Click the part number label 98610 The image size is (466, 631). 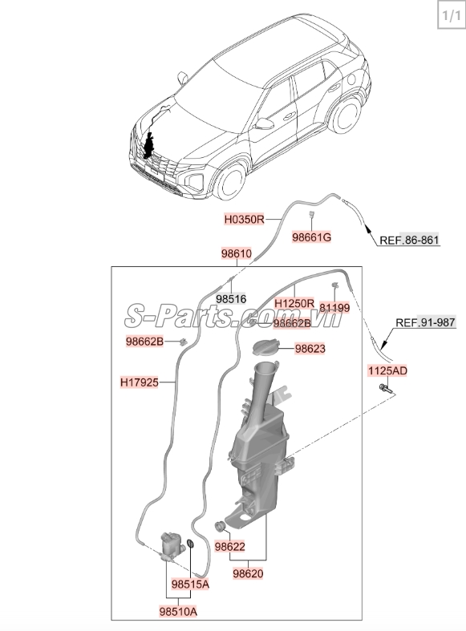coord(237,253)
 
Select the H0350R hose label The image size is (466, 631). coord(245,220)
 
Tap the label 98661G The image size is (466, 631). coord(311,237)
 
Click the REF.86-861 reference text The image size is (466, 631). coord(409,241)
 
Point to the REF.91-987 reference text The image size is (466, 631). coord(425,322)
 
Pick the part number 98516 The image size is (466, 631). coord(231,299)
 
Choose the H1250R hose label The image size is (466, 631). coord(294,303)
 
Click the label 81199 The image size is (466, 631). coord(334,308)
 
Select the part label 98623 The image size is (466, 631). coord(310,349)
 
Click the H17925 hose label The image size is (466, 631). coord(140,382)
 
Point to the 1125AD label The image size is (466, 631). coord(387,370)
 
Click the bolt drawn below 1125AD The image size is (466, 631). coord(383,389)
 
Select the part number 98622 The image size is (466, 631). coord(229,547)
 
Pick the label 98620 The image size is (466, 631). coord(248,573)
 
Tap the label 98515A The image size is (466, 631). coord(190,584)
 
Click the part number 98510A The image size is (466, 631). coord(178,612)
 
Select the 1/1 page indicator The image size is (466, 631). coord(451,16)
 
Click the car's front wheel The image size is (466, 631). coord(229,182)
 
